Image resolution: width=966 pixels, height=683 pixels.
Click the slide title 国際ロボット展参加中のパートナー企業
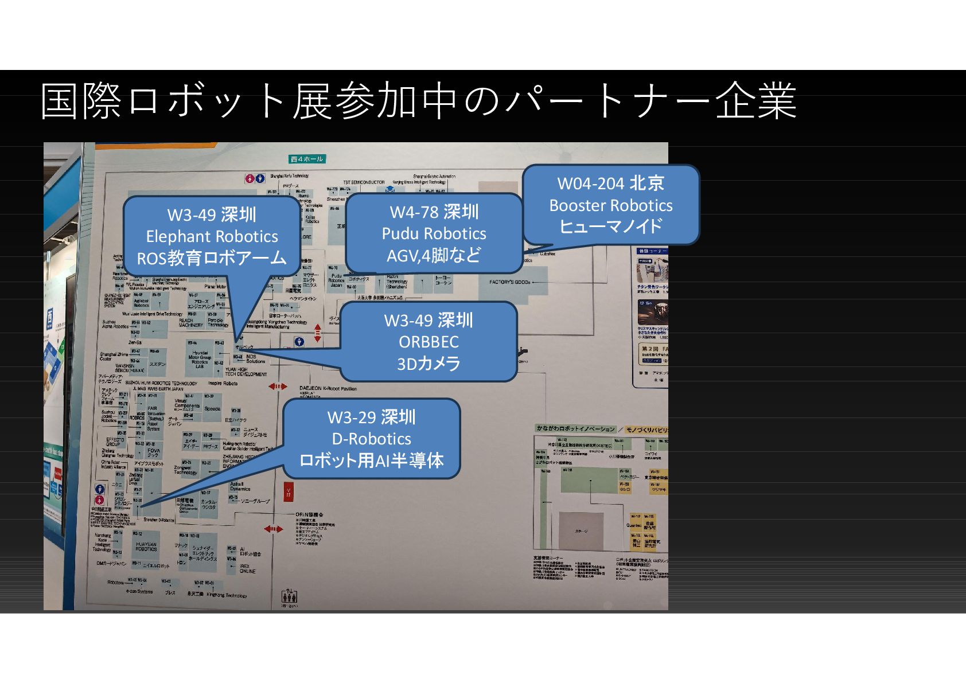click(418, 102)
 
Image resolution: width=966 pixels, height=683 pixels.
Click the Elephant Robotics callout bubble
click(212, 236)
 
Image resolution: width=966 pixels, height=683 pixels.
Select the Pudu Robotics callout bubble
click(434, 233)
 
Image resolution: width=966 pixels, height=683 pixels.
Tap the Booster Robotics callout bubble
click(611, 205)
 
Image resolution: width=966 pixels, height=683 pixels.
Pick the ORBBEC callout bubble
click(429, 341)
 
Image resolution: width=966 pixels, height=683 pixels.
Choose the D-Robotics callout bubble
click(371, 439)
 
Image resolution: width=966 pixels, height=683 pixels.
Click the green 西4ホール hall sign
click(307, 159)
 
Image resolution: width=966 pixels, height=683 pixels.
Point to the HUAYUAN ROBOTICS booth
click(146, 547)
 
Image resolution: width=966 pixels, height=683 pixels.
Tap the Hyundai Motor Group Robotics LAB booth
click(200, 359)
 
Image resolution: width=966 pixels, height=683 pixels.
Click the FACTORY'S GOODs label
click(509, 282)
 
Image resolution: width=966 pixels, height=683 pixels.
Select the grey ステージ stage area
click(581, 530)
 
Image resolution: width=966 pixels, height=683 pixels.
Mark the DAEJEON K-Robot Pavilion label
click(328, 389)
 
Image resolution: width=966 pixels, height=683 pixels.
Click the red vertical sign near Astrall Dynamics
click(288, 493)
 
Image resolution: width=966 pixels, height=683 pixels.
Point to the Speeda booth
click(212, 409)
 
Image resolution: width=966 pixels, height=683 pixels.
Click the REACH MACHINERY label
click(190, 323)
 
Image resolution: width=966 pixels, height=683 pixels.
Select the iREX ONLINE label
click(248, 568)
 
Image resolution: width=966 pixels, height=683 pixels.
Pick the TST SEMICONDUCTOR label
click(364, 182)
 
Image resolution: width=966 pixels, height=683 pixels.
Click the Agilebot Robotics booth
click(141, 303)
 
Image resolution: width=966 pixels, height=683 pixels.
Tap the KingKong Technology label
click(227, 595)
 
